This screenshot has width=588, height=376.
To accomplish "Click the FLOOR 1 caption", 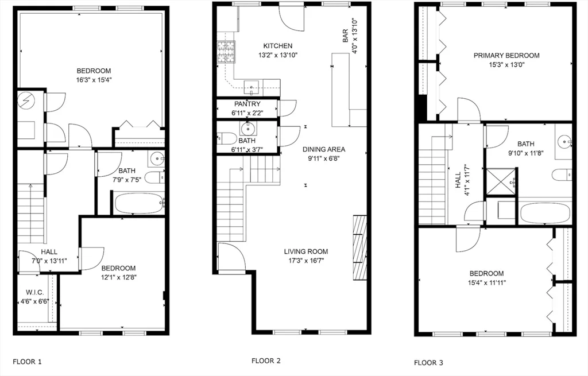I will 27,362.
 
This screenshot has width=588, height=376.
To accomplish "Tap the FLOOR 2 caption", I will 266,361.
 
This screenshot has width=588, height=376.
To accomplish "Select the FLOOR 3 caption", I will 428,363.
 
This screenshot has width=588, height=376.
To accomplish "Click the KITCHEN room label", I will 278,46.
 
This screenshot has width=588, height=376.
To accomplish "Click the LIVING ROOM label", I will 306,251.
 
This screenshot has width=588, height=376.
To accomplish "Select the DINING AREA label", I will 324,149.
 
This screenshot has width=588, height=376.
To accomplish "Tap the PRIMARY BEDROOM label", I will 506,56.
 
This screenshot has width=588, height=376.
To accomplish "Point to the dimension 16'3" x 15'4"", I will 93,80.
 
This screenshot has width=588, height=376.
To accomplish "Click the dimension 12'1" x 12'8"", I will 118,277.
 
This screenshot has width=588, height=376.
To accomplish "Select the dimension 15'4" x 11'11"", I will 486,282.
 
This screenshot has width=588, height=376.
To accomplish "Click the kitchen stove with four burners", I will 226,52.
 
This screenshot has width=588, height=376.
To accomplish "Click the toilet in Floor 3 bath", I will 561,175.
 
